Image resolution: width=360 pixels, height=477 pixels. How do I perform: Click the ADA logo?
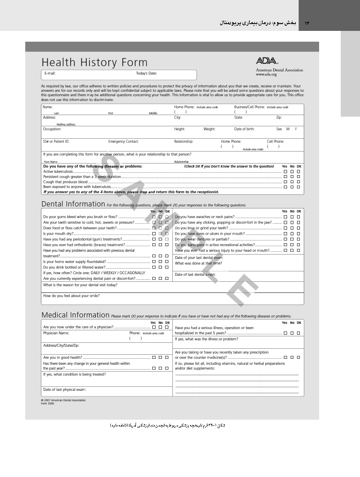tap(267, 61)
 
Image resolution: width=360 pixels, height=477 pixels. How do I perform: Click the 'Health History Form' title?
tap(94, 63)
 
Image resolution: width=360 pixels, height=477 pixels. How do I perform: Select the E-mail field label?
tap(50, 73)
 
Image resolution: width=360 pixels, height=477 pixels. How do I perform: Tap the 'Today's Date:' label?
tap(146, 73)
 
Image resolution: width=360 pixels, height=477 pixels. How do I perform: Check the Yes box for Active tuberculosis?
tap(285, 172)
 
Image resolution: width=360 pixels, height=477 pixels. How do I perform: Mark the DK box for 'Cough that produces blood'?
tap(298, 182)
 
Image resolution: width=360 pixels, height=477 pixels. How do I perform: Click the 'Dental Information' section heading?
tap(73, 204)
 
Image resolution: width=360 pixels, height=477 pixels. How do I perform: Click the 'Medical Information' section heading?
tap(75, 315)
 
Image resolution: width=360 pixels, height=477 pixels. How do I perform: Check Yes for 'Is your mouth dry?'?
tap(154, 234)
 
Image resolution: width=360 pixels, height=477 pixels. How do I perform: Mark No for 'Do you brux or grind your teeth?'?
tap(292, 228)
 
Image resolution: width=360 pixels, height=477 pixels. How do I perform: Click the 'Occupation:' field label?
tap(52, 129)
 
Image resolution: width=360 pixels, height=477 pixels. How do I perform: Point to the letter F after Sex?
tap(296, 129)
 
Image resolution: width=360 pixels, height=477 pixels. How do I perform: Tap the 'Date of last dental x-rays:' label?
tap(195, 275)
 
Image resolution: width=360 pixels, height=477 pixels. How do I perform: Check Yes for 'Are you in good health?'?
tap(154, 357)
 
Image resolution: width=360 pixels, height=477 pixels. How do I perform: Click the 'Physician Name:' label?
tap(56, 333)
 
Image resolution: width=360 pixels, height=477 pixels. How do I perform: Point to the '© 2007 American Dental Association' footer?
tap(63, 400)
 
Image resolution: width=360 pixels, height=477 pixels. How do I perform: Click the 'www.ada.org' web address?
tap(266, 75)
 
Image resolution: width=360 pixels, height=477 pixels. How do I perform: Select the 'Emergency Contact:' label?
tap(123, 141)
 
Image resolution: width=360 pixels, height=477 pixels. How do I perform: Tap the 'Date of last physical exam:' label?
tap(65, 390)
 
